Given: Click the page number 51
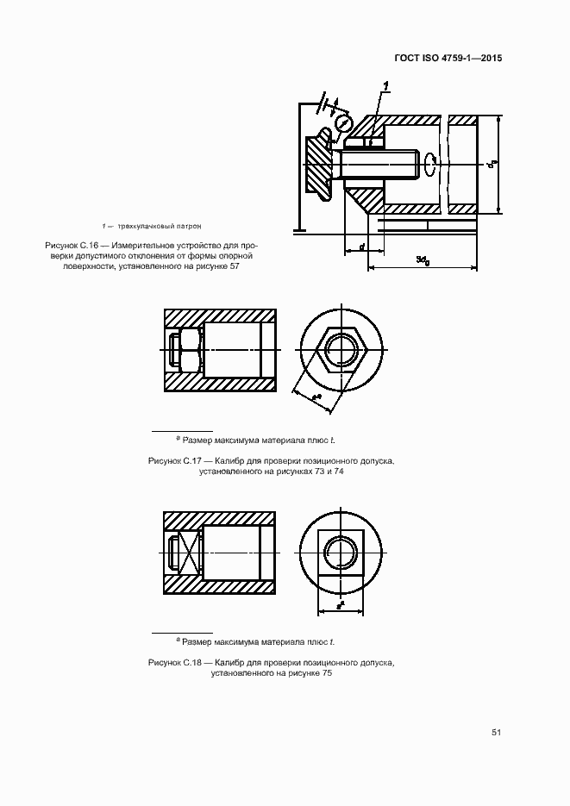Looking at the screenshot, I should pos(497,732).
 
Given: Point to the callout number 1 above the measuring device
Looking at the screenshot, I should pos(386,84).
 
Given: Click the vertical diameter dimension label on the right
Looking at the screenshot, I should pos(491,164).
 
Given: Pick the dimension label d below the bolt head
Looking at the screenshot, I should pos(361,247).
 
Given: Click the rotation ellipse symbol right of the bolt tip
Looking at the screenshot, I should pos(429,161).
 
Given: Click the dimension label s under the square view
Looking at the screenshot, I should pos(340,604).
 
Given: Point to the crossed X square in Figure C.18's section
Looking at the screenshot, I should pos(183,553).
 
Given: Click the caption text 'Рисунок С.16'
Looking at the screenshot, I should pos(73,245).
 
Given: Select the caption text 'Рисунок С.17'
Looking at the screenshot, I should pos(176,462).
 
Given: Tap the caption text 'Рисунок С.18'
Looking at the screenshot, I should pos(176,662).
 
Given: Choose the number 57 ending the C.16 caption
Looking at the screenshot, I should pos(233,266).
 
